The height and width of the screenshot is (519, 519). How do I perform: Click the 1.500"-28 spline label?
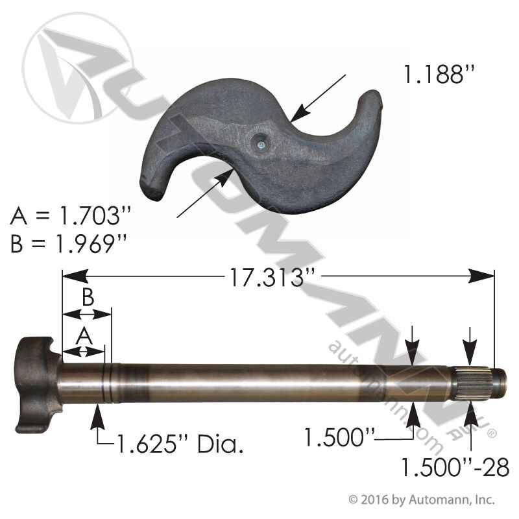tap(455, 467)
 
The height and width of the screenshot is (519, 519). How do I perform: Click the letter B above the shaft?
tap(88, 298)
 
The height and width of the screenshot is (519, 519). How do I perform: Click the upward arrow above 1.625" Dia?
tap(99, 415)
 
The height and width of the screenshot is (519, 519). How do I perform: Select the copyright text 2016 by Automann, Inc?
tap(422, 500)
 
